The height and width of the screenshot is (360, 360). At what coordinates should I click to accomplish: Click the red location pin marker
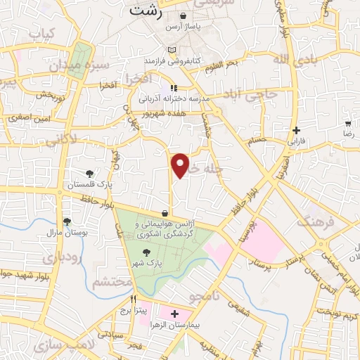point(181,165)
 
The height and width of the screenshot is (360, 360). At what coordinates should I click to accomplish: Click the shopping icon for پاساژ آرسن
point(184,15)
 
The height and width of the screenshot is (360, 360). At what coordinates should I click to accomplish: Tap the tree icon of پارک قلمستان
point(89,173)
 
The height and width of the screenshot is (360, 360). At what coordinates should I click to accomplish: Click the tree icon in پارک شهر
point(146,252)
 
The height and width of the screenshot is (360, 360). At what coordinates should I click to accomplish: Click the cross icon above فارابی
point(297,130)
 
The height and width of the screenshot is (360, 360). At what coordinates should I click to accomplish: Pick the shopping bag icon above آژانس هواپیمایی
point(165,213)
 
